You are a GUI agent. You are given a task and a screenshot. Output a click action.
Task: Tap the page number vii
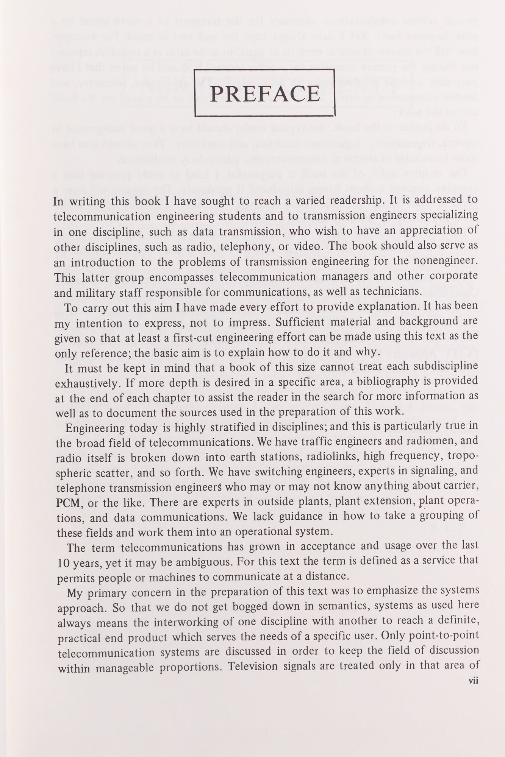coord(474,681)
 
